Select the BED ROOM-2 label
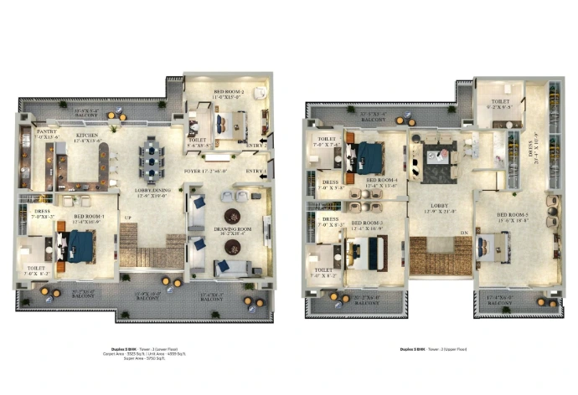point(228,93)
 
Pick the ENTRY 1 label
point(256,172)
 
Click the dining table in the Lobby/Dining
point(152,158)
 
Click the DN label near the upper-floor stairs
point(462,233)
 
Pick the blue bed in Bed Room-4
point(369,155)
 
